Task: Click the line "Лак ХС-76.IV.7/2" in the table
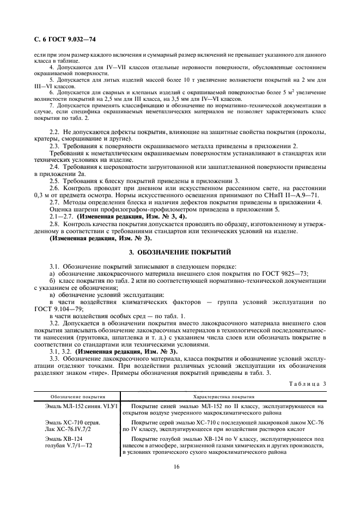(67, 429)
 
